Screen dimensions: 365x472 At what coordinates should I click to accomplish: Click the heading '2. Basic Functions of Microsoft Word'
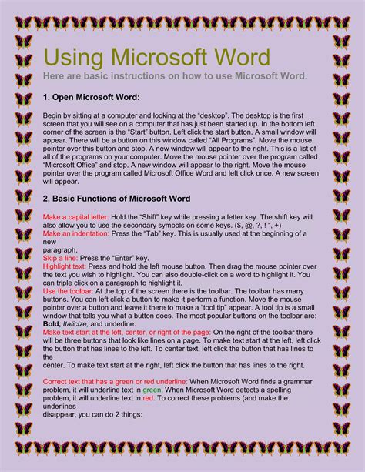[116, 199]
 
